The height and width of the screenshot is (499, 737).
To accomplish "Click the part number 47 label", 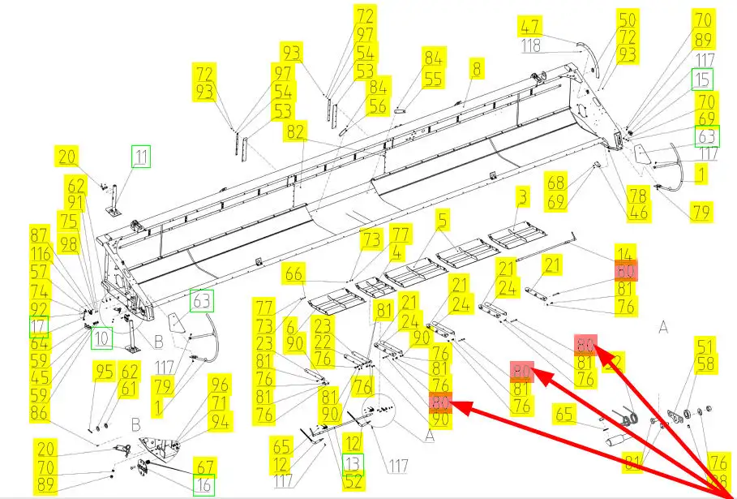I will coord(530,26).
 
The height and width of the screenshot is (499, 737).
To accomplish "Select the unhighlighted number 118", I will coord(530,45).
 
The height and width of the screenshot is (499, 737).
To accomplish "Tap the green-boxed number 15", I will coord(703,80).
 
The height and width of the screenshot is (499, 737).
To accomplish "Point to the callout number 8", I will coord(477,69).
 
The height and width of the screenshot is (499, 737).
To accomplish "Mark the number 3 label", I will coord(523,197).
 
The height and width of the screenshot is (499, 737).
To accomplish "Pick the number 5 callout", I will coord(442,220).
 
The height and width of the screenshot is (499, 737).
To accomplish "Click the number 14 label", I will coord(625,252).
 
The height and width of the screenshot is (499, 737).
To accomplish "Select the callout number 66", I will coord(294,274).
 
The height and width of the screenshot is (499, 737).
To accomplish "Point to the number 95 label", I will coord(104,372).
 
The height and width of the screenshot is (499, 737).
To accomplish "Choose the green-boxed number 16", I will coord(205,485).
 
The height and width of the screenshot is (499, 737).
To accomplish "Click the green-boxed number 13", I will coord(353,463).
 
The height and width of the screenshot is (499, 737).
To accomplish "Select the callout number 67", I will coord(205,466).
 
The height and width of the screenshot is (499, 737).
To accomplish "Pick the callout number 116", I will coord(40,254).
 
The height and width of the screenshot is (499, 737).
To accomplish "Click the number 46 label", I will coord(640,213).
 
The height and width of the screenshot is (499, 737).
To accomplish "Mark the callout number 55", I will coord(434,79).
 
